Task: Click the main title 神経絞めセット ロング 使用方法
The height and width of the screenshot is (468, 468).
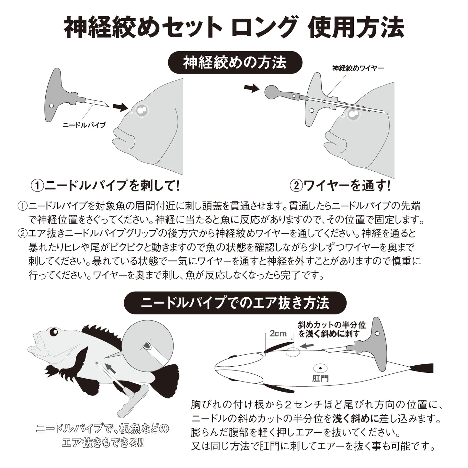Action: tap(234, 28)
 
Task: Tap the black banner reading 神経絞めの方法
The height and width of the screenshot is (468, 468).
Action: tap(235, 63)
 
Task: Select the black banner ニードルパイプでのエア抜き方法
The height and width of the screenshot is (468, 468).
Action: tap(235, 303)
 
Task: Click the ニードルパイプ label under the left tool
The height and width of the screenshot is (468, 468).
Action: tap(84, 125)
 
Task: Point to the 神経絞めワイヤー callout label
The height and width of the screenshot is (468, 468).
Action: tap(358, 68)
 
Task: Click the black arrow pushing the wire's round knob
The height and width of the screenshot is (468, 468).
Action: tap(251, 88)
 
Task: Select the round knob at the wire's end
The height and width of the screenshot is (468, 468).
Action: tap(272, 92)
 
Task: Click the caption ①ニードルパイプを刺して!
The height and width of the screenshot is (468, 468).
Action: tap(105, 186)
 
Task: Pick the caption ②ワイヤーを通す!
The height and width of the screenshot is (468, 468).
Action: tap(340, 186)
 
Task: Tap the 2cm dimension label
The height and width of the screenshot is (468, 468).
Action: tap(278, 334)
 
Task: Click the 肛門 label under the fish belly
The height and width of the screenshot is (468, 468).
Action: tap(320, 378)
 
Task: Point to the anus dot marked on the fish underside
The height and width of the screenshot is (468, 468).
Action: tap(320, 368)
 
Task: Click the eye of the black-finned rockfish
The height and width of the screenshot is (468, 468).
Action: tap(52, 332)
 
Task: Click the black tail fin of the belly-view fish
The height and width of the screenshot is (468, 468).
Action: tap(422, 368)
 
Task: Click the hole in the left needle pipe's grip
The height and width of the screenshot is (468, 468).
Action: tap(51, 106)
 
